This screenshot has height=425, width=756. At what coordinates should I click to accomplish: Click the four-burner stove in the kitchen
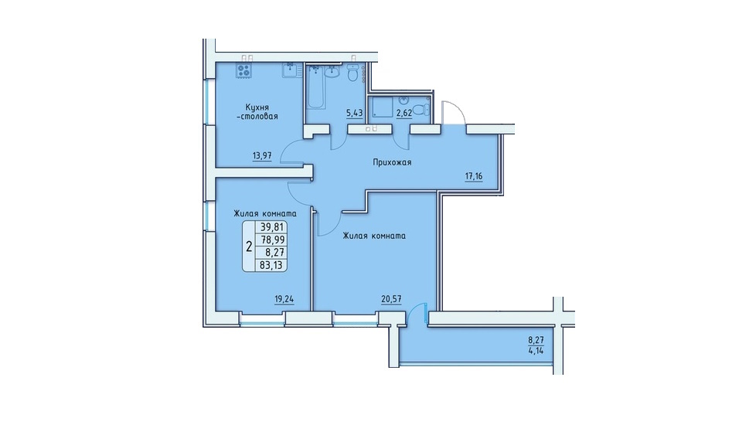[243, 70]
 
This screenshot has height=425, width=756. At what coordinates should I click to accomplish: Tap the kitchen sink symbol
[291, 70]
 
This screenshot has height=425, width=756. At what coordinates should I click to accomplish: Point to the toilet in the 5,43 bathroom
[353, 73]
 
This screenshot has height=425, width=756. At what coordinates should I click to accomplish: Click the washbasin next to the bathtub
[332, 71]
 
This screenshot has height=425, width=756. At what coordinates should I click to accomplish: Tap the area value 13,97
[262, 156]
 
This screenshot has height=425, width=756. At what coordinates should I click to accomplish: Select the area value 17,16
[473, 176]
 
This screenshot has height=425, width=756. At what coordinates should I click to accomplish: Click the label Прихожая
[392, 162]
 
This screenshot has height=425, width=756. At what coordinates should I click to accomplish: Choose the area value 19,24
[284, 299]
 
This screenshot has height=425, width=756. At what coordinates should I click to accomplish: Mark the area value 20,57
[391, 299]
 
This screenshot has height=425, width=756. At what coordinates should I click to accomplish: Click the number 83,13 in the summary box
[271, 265]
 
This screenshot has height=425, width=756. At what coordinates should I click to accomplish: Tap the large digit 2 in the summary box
[249, 247]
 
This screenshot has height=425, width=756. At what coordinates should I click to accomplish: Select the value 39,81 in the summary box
[272, 227]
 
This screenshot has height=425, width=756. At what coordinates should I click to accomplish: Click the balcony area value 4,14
[536, 351]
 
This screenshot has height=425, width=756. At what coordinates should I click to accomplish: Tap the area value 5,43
[354, 114]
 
